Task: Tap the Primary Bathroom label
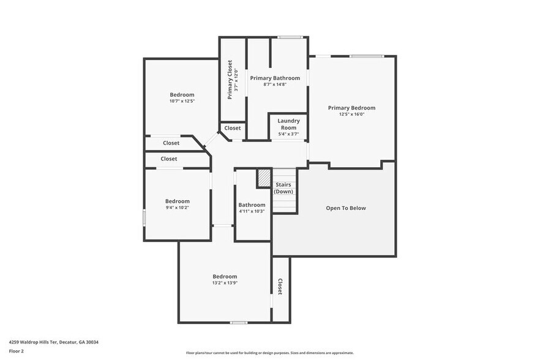(275, 78)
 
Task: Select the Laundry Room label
(288, 124)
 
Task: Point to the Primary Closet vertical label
(230, 80)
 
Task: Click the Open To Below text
(345, 208)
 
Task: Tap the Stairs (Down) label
(283, 188)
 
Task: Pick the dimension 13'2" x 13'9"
(225, 283)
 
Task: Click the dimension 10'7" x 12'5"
(182, 101)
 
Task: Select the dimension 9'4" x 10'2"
(178, 208)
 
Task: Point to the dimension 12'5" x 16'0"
(351, 114)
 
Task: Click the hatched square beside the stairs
(264, 178)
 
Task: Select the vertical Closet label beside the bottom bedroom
(280, 287)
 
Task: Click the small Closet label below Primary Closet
(233, 129)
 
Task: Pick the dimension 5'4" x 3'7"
(288, 133)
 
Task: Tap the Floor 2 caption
(17, 351)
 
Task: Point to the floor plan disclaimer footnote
(269, 353)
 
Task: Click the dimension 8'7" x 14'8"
(275, 84)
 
